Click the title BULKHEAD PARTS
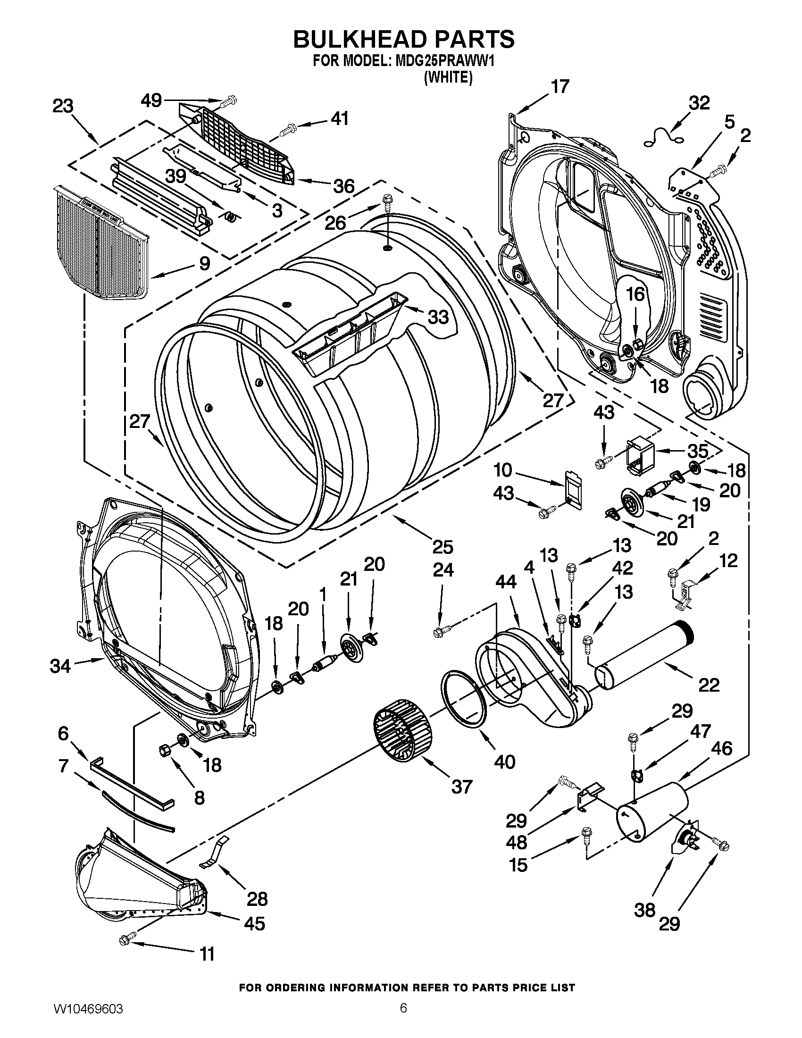[x=403, y=39]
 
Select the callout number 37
[x=461, y=786]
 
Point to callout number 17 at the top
[x=559, y=86]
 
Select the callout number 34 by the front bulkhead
[x=60, y=666]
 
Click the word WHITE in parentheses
[x=448, y=77]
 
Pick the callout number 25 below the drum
[x=443, y=547]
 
